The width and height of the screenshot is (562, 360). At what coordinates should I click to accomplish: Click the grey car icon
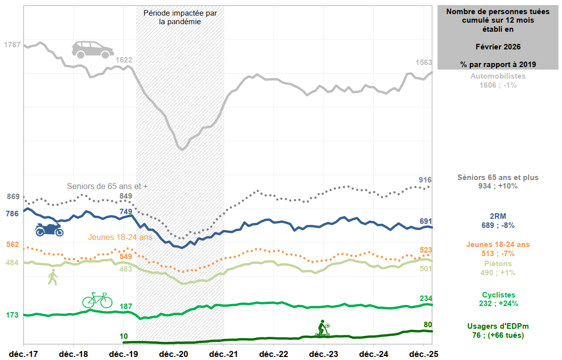[92, 49]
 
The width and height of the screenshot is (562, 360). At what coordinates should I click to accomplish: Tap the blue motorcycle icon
[49, 229]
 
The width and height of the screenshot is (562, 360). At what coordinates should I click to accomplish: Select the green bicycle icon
[97, 300]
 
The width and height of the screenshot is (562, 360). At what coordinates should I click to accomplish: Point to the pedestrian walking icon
[52, 277]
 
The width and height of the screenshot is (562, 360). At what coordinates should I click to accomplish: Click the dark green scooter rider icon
[323, 328]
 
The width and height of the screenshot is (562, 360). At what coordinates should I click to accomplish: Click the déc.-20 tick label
[174, 354]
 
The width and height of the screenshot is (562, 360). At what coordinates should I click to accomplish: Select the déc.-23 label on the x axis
[324, 354]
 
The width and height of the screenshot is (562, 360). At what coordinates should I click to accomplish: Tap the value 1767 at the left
[12, 45]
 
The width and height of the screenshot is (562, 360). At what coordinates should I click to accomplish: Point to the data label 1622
[124, 60]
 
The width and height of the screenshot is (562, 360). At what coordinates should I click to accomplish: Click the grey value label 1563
[423, 63]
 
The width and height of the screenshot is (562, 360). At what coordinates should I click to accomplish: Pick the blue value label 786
[12, 214]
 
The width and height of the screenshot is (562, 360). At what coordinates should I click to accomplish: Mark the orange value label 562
[12, 245]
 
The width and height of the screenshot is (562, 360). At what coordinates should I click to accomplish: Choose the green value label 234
[425, 298]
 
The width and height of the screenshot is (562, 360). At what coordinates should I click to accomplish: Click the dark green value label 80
[427, 324]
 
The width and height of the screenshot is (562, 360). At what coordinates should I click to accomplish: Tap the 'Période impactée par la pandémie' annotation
[180, 18]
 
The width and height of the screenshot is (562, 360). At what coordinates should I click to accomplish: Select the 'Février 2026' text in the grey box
[498, 46]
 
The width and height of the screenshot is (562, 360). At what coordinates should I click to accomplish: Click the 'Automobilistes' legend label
[498, 76]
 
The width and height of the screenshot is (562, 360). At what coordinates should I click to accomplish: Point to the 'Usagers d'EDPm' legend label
[498, 326]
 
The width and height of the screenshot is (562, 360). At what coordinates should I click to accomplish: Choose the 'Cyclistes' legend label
[498, 294]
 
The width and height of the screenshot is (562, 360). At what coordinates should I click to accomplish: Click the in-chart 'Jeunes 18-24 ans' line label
[120, 237]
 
